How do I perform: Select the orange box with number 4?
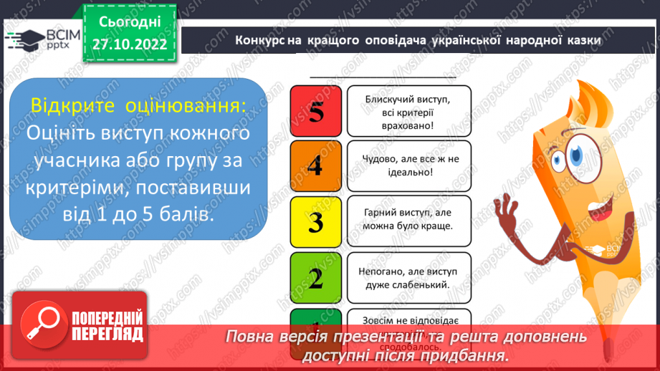point(315,166)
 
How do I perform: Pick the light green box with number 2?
point(315,278)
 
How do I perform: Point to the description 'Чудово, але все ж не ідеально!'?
point(408,166)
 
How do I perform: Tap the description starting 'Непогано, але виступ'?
point(408,278)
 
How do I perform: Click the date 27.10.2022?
point(130,44)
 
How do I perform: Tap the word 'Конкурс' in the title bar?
point(261,41)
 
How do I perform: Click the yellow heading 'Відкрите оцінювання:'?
point(138,106)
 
